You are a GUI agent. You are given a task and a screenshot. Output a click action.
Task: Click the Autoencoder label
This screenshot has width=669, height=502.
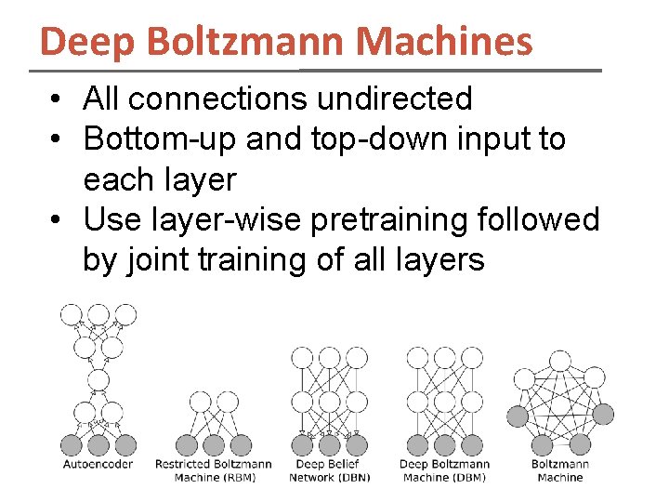[98, 464]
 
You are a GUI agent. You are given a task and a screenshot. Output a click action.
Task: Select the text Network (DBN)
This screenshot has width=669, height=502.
[330, 477]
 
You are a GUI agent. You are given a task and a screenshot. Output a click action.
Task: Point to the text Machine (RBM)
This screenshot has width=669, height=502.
[214, 477]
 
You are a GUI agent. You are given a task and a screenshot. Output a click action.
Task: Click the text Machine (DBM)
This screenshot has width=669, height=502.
[444, 477]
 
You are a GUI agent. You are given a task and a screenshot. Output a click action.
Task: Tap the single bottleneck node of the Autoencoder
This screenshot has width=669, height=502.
[98, 378]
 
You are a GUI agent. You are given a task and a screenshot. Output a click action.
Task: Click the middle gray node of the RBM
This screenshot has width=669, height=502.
[214, 444]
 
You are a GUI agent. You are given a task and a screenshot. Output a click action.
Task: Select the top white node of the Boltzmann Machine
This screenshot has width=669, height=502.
[560, 361]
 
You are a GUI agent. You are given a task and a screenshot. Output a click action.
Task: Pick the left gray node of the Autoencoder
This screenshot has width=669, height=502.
[72, 444]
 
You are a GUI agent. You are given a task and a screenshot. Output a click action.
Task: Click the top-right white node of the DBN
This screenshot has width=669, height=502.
[357, 358]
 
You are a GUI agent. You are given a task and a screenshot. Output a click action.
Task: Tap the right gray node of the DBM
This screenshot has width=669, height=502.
[472, 444]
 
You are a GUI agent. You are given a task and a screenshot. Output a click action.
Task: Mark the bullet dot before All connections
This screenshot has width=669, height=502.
[58, 99]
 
